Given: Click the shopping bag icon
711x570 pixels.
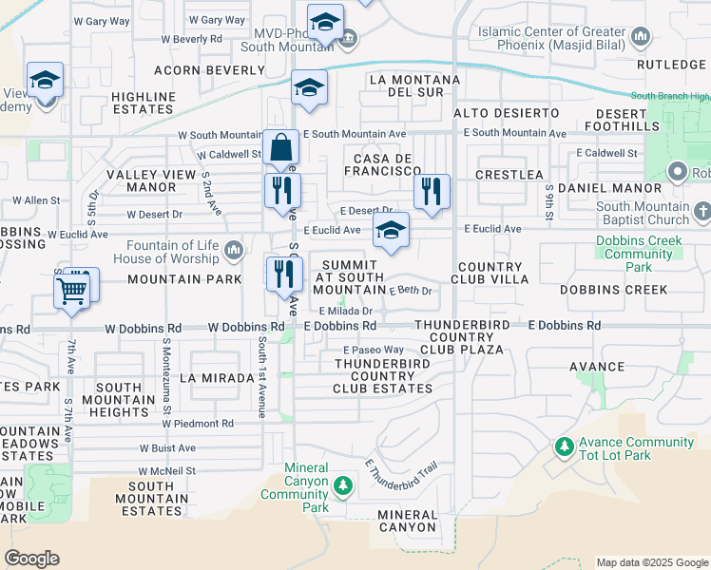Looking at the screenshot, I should tap(281, 148).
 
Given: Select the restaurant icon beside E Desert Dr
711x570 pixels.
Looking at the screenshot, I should tap(432, 193).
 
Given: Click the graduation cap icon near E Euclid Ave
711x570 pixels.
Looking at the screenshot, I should tap(391, 231).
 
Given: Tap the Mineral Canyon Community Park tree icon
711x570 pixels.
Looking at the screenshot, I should tap(342, 487).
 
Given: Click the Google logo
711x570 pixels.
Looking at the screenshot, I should tap(31, 559).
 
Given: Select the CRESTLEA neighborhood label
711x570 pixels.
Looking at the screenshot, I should tap(509, 175).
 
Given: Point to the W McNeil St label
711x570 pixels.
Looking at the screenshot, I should tap(166, 470).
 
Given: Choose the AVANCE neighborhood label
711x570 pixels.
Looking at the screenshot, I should tap(596, 366).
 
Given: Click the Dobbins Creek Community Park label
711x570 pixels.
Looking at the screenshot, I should tap(638, 247).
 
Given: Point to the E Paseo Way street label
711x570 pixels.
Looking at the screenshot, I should tap(374, 351).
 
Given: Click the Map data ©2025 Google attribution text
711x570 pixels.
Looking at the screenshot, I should tap(651, 562).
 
